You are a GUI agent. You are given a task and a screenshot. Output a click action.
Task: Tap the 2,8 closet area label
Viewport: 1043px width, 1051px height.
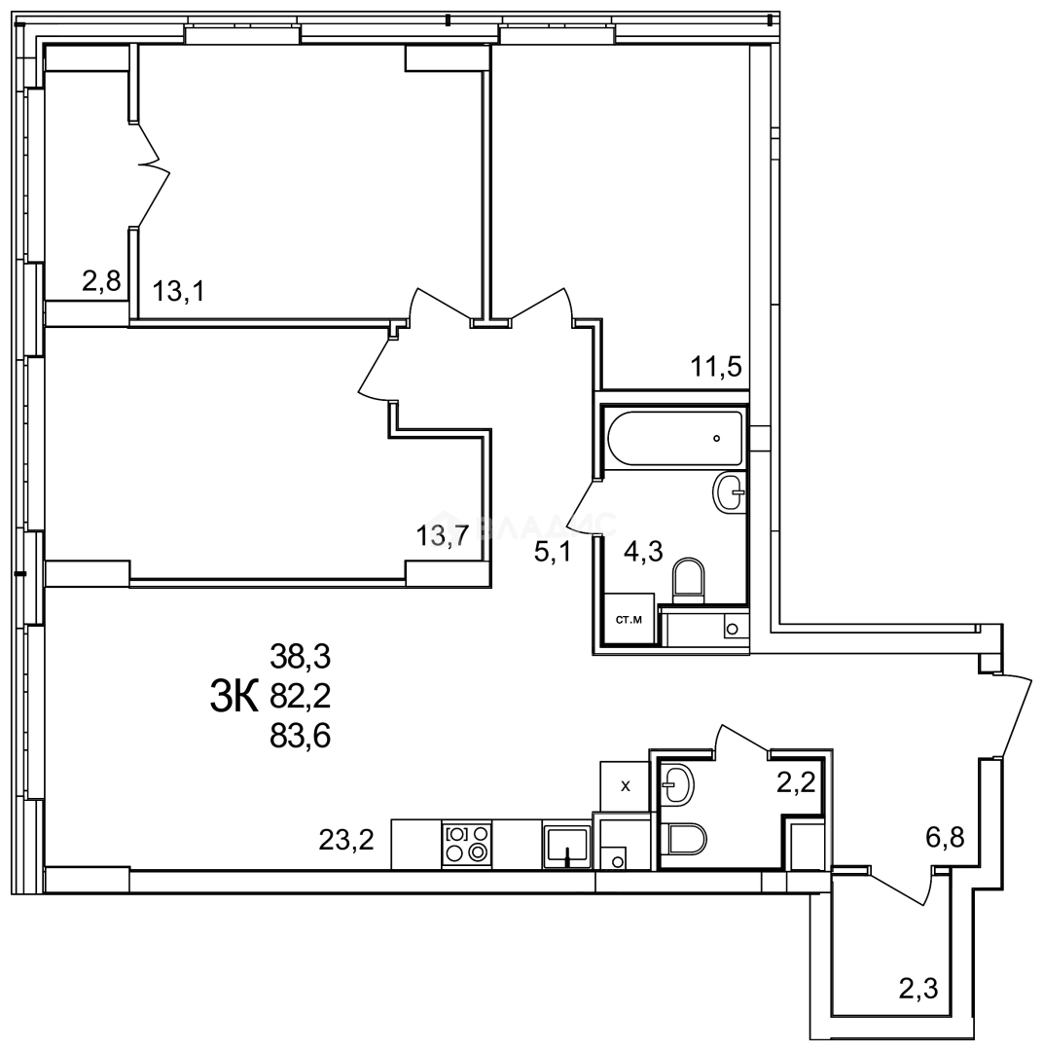pos(100,282)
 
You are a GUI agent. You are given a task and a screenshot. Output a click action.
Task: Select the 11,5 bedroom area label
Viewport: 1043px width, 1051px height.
pos(716,367)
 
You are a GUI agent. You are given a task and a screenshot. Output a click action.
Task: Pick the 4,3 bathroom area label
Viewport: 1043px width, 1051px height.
pos(642,553)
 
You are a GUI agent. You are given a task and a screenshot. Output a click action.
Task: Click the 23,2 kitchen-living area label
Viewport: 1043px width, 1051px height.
pos(346,838)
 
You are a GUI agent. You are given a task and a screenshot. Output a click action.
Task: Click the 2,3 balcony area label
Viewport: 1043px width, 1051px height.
pos(919,991)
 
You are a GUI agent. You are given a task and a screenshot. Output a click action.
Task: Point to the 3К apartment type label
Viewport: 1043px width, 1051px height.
pos(234,697)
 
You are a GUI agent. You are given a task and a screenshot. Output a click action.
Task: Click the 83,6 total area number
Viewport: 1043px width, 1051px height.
pos(301,737)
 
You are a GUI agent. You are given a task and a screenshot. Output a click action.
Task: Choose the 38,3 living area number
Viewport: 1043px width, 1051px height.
pos(301,658)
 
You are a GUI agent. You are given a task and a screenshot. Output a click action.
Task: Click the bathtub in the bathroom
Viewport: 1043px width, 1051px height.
pos(674,438)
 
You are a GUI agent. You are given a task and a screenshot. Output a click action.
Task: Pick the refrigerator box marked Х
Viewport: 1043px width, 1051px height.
pos(625,784)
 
